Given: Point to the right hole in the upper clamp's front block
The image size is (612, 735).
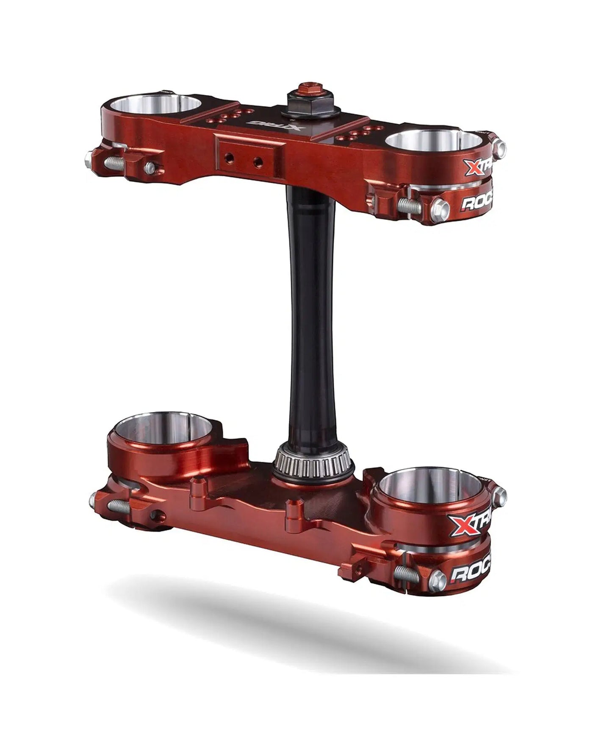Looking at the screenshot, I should [x=258, y=162].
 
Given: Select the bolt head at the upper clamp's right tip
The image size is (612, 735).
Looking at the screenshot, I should [x=500, y=147].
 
